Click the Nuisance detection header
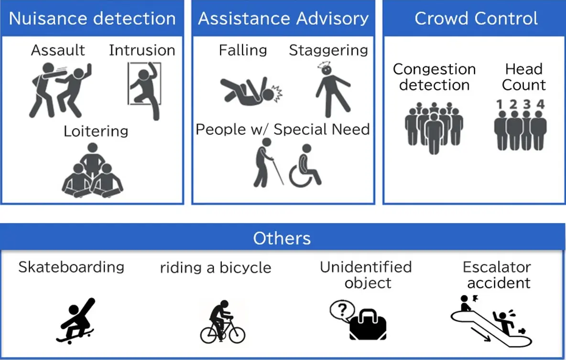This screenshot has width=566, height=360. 92,19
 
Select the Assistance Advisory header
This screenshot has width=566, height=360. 283,19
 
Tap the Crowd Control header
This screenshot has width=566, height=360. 476,19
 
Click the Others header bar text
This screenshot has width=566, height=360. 282,238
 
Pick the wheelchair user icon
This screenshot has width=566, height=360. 305,166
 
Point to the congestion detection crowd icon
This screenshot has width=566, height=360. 434,127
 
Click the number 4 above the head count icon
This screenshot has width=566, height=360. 541,104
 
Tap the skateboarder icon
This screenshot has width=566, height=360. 76,321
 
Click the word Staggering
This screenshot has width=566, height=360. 328,51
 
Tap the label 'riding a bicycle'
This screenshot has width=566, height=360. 216,268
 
